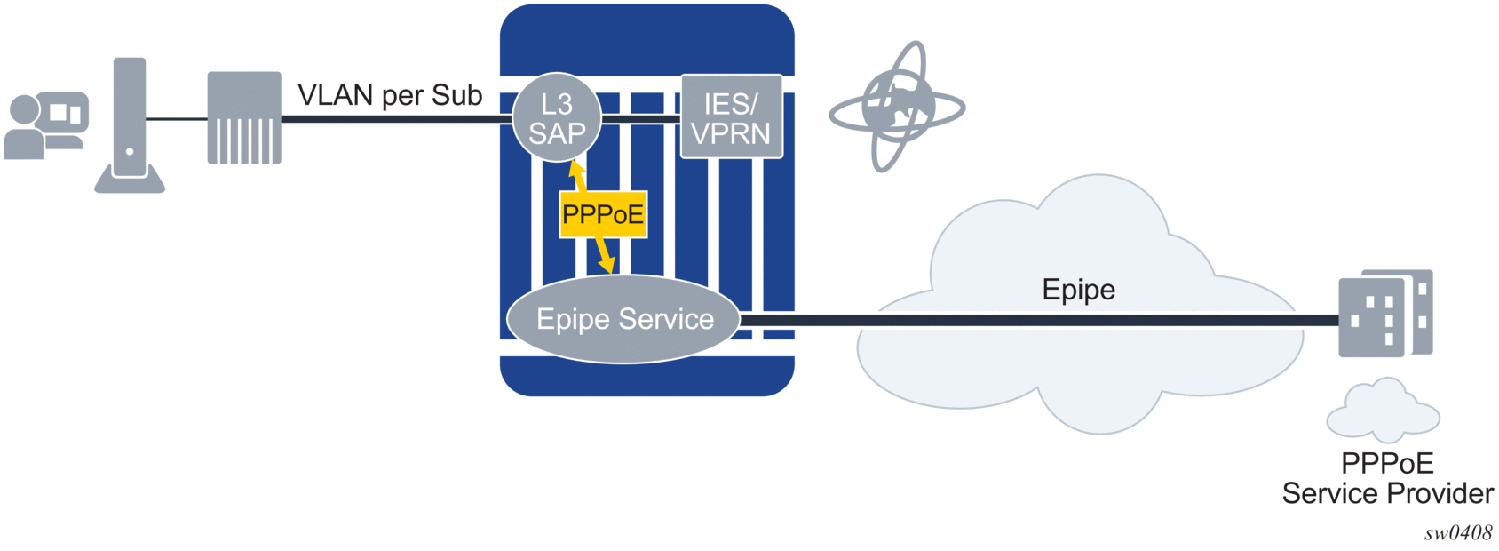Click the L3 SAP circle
click(x=557, y=117)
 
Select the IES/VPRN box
click(x=731, y=117)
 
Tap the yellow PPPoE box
click(x=603, y=214)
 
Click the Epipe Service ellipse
click(x=624, y=319)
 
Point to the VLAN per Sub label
click(x=389, y=95)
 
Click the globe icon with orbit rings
click(x=897, y=108)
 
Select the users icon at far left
click(x=45, y=125)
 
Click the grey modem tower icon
click(x=130, y=125)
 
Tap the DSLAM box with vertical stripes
click(x=244, y=118)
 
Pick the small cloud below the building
click(x=1383, y=411)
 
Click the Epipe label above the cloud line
click(x=1078, y=290)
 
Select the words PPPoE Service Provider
click(x=1387, y=478)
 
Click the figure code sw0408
click(x=1457, y=533)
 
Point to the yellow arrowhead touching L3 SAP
click(x=576, y=168)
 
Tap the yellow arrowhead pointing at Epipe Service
click(x=607, y=265)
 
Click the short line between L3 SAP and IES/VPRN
click(x=640, y=118)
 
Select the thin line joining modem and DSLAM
click(x=176, y=118)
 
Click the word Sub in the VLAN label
click(x=457, y=95)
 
